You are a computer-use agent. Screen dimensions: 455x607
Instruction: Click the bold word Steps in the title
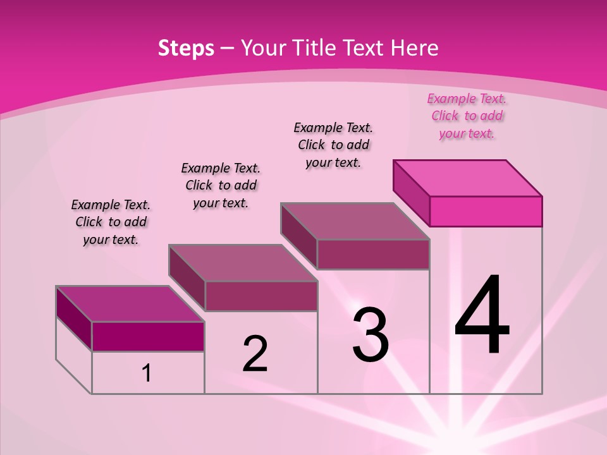click(186, 48)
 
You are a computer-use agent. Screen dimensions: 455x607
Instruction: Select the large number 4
click(482, 316)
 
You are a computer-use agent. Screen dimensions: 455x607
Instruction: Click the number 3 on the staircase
click(370, 335)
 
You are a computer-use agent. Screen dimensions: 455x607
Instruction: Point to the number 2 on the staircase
click(255, 353)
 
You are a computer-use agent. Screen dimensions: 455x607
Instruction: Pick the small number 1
click(147, 373)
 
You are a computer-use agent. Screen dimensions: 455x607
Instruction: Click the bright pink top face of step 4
click(468, 178)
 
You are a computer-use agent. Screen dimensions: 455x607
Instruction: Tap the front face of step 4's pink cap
click(486, 211)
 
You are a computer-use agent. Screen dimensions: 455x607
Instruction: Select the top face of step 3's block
click(355, 221)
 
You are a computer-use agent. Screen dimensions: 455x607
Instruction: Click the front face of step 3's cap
click(373, 254)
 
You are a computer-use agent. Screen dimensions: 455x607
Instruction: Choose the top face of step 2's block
click(243, 263)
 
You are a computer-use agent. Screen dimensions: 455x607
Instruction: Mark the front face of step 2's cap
click(261, 296)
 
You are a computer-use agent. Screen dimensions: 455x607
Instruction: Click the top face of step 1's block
click(130, 304)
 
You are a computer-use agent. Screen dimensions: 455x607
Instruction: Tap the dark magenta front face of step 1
click(148, 336)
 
